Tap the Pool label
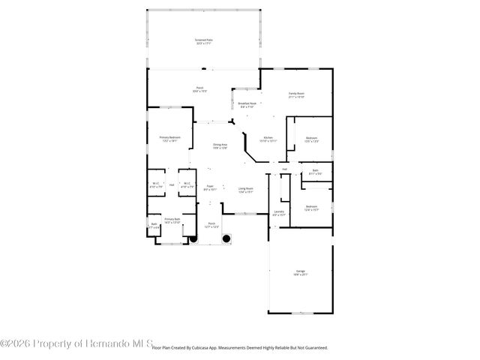[x=200, y=88]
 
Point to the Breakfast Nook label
[x=247, y=103]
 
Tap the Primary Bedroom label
[x=169, y=137]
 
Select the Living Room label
[x=245, y=188]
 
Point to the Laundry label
[x=279, y=211]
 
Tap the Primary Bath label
[x=172, y=219]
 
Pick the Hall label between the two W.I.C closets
[x=172, y=184]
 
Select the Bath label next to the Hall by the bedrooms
[x=315, y=171]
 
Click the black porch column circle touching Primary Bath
[x=192, y=239]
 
